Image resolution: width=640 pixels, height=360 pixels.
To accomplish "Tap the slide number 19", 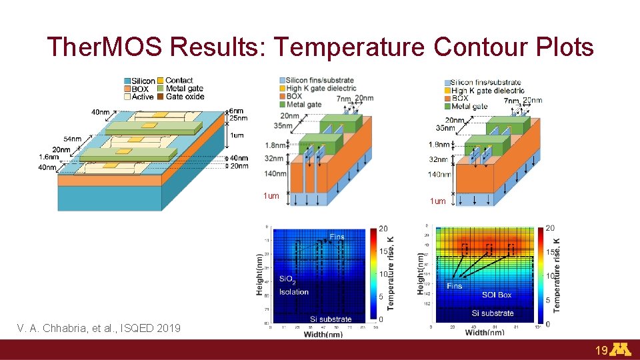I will [x=601, y=349].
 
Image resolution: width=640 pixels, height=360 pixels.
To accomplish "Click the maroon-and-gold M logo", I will [x=621, y=349].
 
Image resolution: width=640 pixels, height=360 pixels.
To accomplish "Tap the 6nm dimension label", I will [x=237, y=111].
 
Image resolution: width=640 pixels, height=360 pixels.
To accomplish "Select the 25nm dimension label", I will [x=238, y=119].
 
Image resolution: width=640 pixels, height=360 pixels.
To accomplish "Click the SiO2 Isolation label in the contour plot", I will [x=293, y=285].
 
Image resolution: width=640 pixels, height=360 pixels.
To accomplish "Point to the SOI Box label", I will [x=497, y=295].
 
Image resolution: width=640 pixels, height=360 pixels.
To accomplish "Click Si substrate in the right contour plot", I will [x=493, y=313].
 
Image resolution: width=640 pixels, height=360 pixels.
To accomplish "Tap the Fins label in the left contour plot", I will [x=337, y=237].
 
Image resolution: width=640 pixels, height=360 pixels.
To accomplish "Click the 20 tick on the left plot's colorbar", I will [x=383, y=229].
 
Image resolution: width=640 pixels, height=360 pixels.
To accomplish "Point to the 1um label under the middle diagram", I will [x=271, y=196].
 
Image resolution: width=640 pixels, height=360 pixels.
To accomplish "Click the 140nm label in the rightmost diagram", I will [x=439, y=175].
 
